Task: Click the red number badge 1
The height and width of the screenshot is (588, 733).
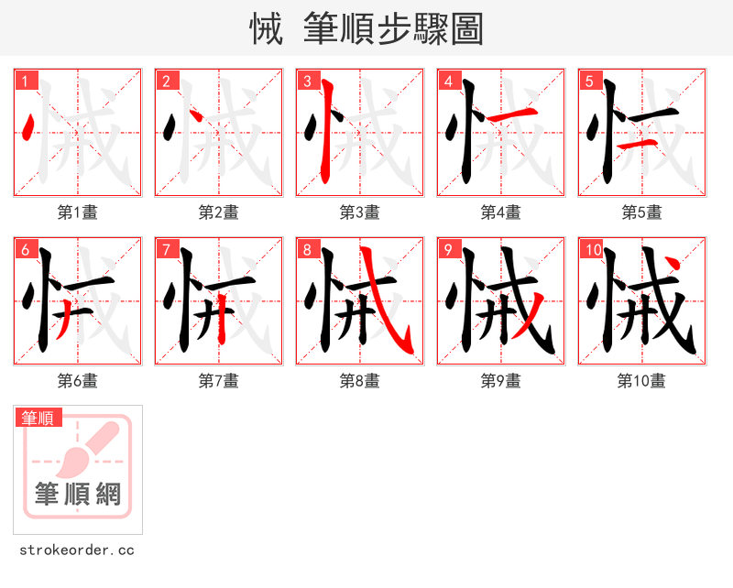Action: click(25, 81)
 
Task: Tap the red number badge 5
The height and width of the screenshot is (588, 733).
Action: click(589, 81)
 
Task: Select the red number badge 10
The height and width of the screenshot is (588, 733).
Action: click(592, 249)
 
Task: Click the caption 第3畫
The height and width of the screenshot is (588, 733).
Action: click(359, 212)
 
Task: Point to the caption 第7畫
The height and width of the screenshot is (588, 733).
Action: click(218, 381)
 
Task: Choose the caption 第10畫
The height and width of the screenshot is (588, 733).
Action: click(641, 381)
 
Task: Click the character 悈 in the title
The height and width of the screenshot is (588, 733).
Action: click(266, 29)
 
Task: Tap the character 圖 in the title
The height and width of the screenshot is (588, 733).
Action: click(467, 29)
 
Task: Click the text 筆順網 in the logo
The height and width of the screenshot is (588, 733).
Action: click(78, 495)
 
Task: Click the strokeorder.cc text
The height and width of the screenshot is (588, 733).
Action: click(77, 550)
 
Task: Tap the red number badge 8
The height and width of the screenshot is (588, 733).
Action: click(307, 249)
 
